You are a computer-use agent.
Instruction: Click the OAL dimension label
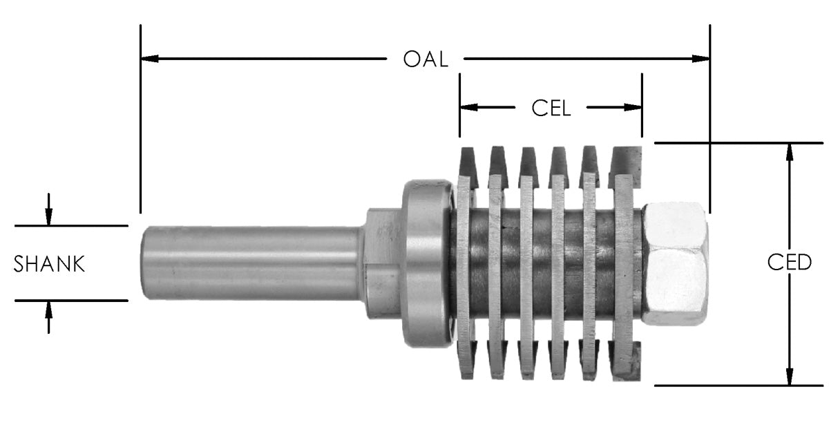click(426, 59)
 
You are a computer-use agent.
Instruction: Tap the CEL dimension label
click(551, 108)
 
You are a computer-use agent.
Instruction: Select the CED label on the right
click(790, 263)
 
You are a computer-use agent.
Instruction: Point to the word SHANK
click(50, 264)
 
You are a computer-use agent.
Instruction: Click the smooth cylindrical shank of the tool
click(249, 263)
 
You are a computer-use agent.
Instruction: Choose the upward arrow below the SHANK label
click(48, 310)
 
